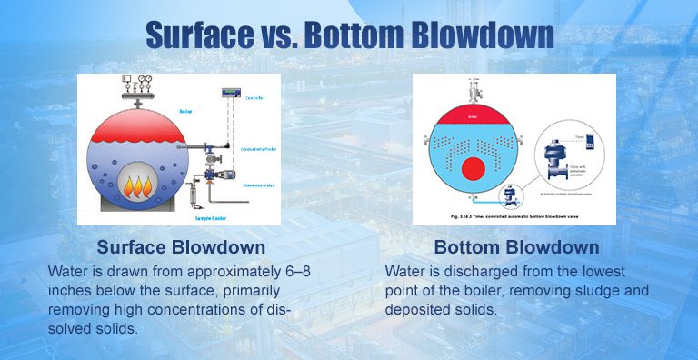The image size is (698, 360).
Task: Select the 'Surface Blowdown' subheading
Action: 181,247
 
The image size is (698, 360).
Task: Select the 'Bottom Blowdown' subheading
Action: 516,247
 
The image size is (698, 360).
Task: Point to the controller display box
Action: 230,91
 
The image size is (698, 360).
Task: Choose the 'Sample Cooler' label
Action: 212,218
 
